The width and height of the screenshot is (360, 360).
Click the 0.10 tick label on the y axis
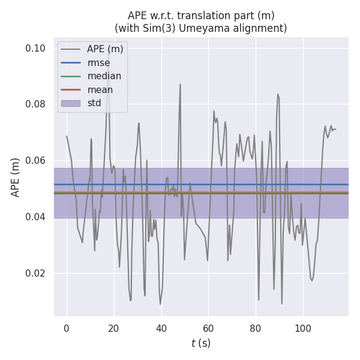(x=36, y=48)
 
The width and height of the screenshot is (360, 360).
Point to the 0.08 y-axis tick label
(x=36, y=104)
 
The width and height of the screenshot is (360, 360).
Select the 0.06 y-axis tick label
(x=36, y=160)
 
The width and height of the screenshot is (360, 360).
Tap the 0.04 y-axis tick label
(x=36, y=217)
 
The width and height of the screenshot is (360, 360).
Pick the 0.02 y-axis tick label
(x=36, y=273)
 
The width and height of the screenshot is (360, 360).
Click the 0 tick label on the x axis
(x=67, y=328)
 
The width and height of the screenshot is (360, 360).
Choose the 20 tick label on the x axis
(x=113, y=328)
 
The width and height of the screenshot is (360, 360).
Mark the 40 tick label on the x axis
(x=161, y=328)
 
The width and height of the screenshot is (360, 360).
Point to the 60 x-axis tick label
(x=208, y=328)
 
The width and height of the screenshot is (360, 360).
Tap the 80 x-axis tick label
(x=255, y=328)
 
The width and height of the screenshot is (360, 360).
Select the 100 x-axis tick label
(x=302, y=328)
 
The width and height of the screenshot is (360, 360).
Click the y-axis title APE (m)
(x=16, y=177)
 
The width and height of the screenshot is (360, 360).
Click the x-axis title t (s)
(x=200, y=343)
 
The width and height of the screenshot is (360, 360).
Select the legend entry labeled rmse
(x=98, y=62)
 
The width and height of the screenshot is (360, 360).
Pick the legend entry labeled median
(x=104, y=76)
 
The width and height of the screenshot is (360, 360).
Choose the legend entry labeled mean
(x=100, y=90)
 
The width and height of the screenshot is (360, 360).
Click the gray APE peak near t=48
(x=180, y=85)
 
